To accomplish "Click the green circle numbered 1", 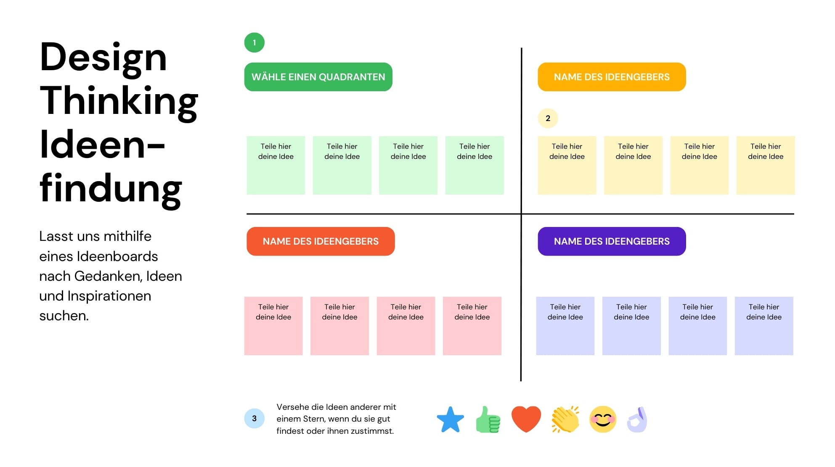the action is [x=254, y=42].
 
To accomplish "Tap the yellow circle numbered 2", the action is [x=548, y=118].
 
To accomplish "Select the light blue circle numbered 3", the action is [x=254, y=418].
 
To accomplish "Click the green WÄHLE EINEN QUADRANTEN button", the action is [x=318, y=77].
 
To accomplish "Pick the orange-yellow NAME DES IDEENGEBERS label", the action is [x=612, y=77].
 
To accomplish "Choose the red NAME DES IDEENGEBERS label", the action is [x=321, y=241].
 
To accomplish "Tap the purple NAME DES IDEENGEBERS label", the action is [x=612, y=241].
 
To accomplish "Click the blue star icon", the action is [x=450, y=420].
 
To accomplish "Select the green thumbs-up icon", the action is [x=488, y=420].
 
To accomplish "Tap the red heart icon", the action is [x=526, y=419].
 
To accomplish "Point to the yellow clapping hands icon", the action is [x=565, y=419].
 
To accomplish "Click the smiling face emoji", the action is [x=603, y=419].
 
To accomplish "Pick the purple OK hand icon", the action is [x=637, y=420].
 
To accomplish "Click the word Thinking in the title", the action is [x=119, y=101].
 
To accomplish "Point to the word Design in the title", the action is [x=103, y=58].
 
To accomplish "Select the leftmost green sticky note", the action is [x=276, y=165].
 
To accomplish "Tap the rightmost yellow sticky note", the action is [x=766, y=165].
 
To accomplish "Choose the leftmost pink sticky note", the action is [x=273, y=326].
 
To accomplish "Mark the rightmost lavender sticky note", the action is [x=764, y=326].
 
